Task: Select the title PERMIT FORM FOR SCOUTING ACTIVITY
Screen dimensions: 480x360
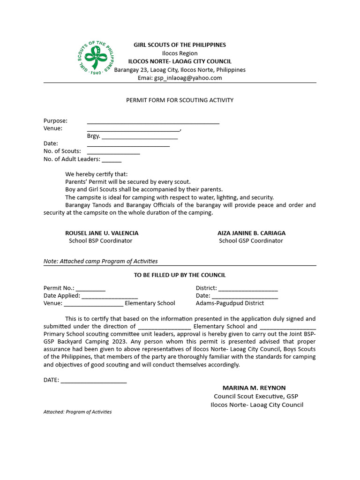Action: (x=180, y=100)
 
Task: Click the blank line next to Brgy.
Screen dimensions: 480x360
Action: (x=139, y=137)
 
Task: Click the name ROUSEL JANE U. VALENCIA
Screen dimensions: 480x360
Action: (x=102, y=233)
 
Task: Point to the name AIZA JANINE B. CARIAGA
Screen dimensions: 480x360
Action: (x=251, y=233)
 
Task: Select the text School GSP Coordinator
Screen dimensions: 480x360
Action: (x=251, y=241)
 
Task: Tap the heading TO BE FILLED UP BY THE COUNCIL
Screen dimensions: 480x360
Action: (x=180, y=275)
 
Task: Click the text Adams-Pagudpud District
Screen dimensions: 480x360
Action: (x=230, y=303)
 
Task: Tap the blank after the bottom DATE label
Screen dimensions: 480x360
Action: (x=94, y=381)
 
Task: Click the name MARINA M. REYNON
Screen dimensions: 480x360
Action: (x=254, y=388)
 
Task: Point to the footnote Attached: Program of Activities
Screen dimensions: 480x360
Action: (x=77, y=412)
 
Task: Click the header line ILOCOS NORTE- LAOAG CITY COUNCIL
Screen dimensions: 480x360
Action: (x=180, y=61)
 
